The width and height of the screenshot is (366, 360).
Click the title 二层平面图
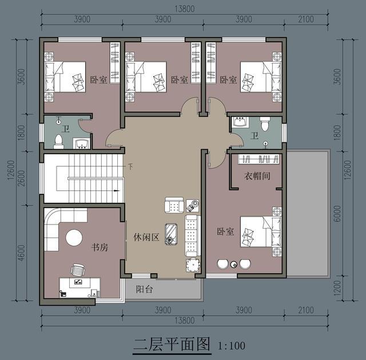tap(172, 345)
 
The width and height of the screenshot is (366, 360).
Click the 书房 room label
tap(100, 247)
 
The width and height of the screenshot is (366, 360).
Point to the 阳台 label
tap(144, 289)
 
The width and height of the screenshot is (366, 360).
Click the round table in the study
tap(75, 237)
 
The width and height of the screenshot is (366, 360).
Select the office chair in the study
tap(78, 269)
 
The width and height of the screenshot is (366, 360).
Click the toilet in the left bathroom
tap(58, 141)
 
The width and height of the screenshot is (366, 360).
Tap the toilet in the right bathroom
tap(265, 123)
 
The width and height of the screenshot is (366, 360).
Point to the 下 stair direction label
tap(130, 167)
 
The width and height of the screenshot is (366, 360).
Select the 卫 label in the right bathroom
tap(254, 136)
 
